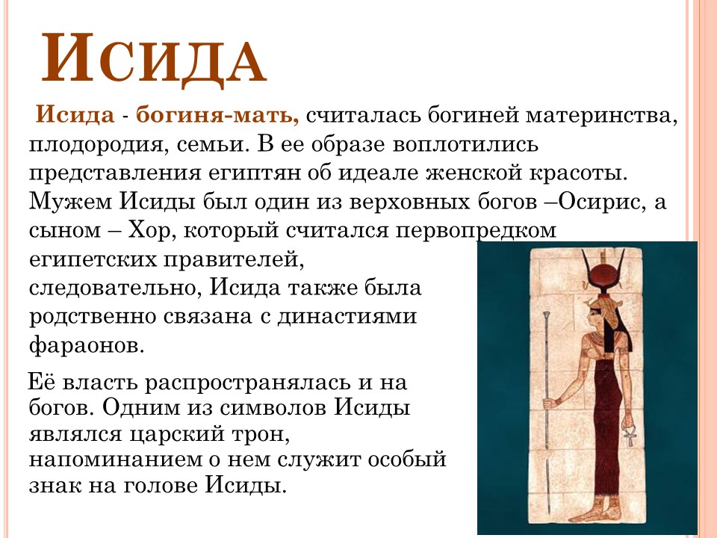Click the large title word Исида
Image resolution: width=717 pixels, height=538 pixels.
tap(153, 58)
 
